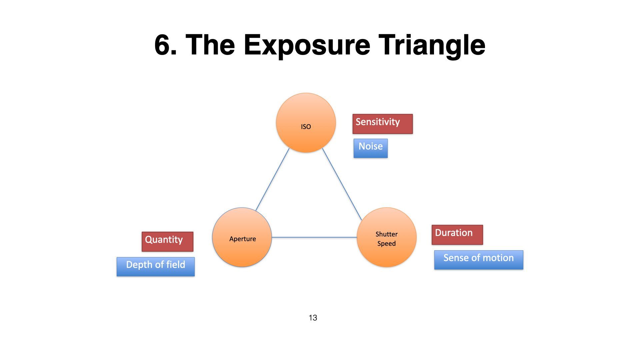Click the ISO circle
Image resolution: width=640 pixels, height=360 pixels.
click(x=306, y=123)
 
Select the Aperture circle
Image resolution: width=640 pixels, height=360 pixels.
click(x=242, y=237)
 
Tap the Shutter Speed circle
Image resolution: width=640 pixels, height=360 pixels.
click(x=387, y=237)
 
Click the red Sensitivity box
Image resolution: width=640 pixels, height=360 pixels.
click(x=382, y=124)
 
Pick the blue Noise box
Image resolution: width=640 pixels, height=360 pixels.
click(x=370, y=148)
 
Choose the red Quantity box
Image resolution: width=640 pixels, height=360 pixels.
click(x=167, y=241)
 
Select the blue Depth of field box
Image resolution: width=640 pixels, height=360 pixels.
click(x=156, y=266)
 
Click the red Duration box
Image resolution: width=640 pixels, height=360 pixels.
click(x=457, y=235)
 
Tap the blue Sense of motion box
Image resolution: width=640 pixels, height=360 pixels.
click(x=478, y=260)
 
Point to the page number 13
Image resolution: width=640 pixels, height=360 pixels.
click(x=313, y=318)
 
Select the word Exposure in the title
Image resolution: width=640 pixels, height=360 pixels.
click(x=307, y=46)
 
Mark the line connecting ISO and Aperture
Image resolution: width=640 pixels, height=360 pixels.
click(x=272, y=180)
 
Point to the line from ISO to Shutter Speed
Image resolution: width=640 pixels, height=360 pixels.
click(x=342, y=184)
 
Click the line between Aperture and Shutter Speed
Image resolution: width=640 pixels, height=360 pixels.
click(x=314, y=237)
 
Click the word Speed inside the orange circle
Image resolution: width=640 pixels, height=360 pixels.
click(x=386, y=244)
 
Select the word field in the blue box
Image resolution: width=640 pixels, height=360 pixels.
click(x=175, y=265)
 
